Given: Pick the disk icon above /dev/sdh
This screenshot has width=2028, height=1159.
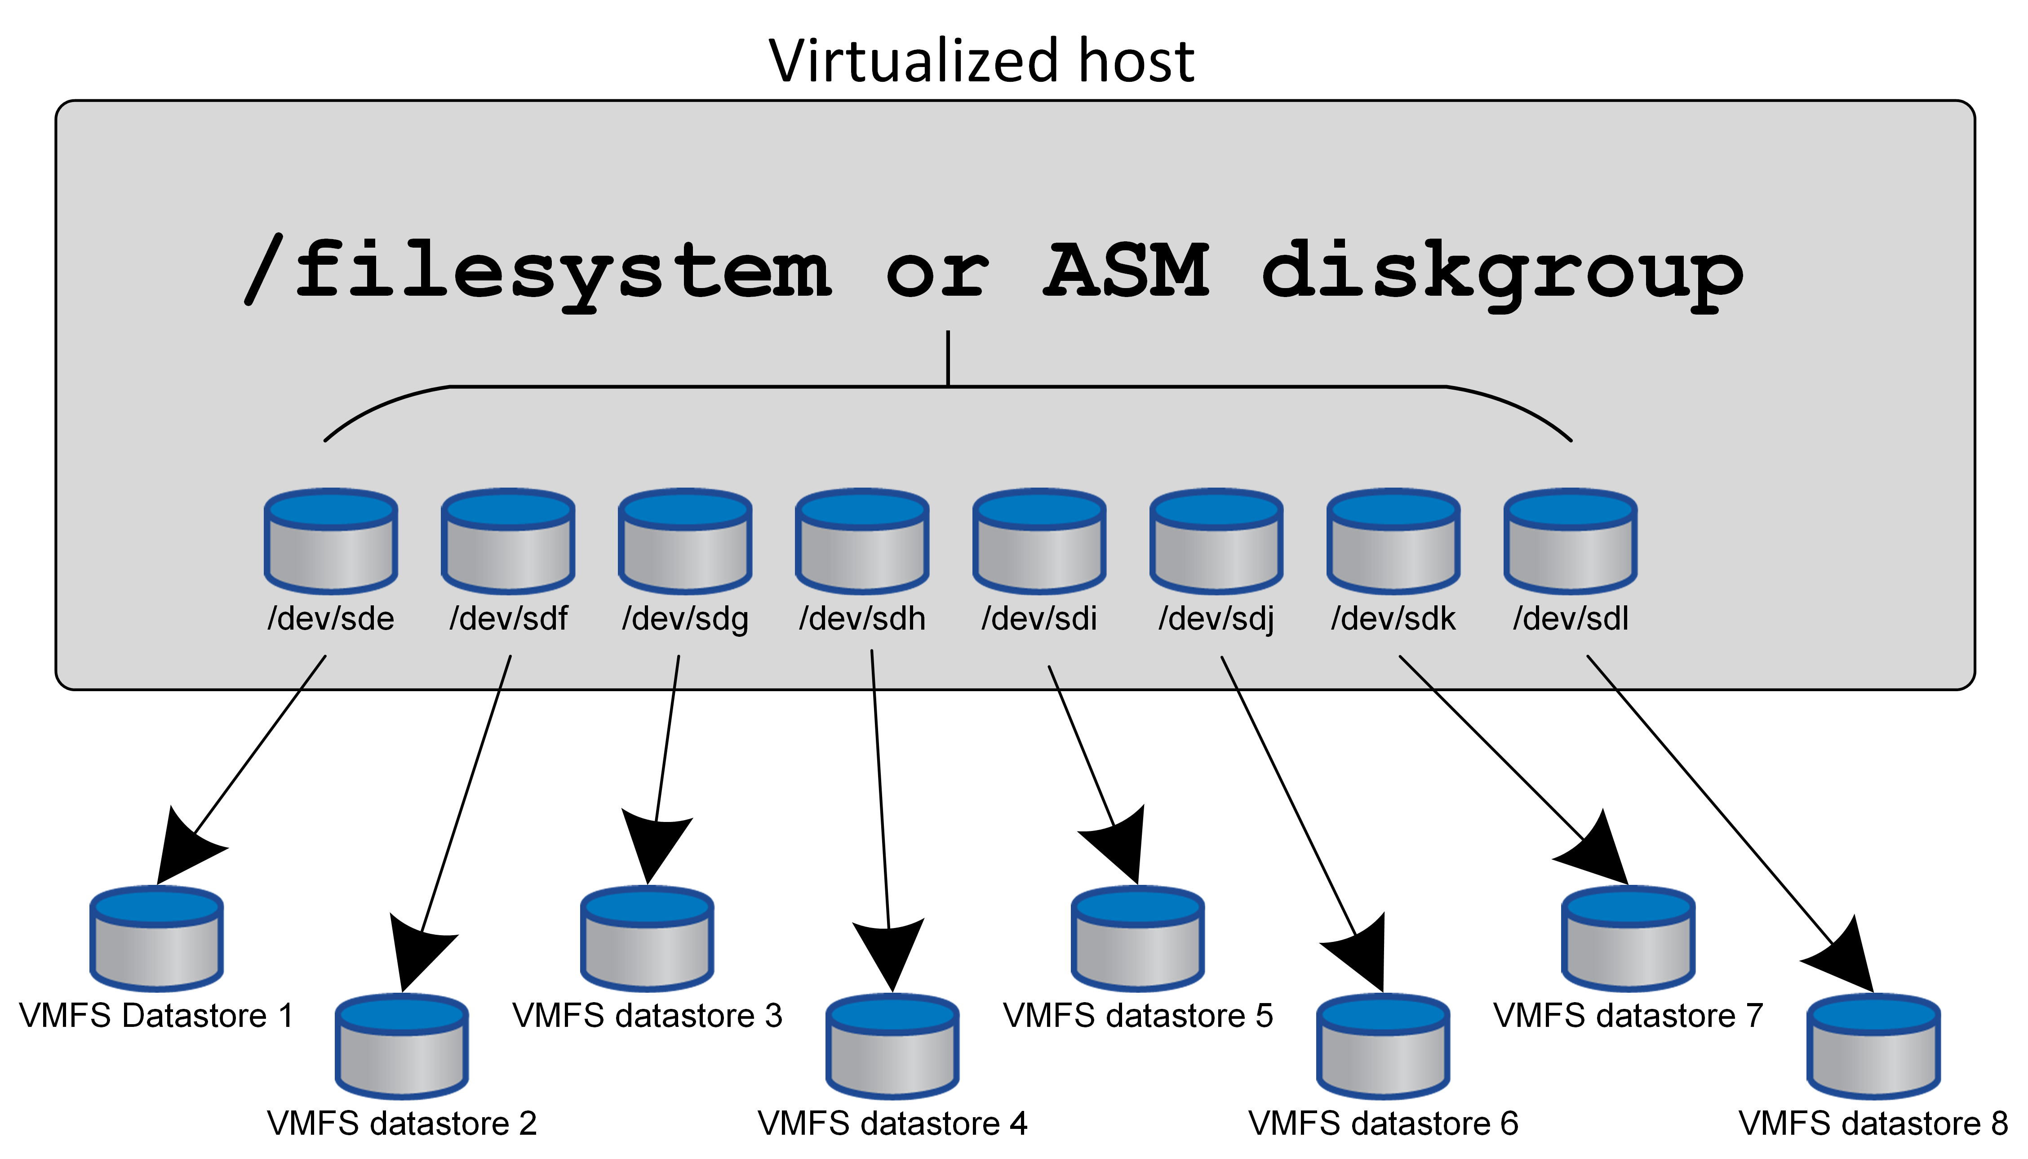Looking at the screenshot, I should pos(862,541).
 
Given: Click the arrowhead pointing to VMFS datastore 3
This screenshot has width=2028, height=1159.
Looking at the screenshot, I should pos(654,847).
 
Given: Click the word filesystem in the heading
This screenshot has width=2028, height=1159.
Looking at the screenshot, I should pos(562,271).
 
